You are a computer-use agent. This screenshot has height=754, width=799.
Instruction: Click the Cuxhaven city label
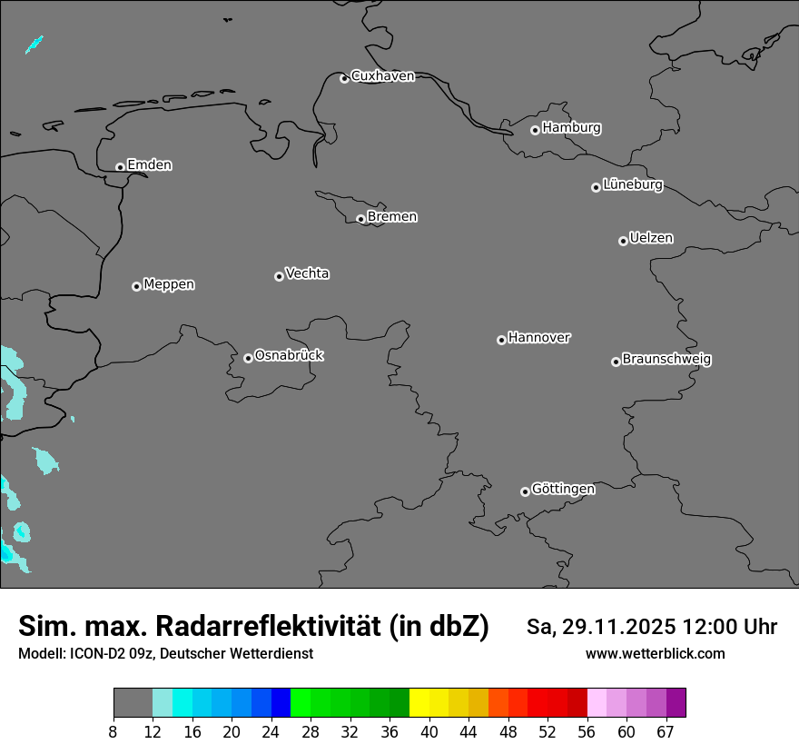(382, 76)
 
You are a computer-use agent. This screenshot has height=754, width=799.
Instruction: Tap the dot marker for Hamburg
(535, 130)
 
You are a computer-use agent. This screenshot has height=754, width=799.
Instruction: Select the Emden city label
(149, 165)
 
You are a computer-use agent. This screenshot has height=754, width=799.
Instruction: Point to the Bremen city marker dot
(360, 219)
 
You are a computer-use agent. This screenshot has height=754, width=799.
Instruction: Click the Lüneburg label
(632, 185)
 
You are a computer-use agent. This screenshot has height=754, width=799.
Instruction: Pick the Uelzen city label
(651, 239)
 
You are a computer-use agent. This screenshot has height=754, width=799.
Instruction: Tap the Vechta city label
(307, 273)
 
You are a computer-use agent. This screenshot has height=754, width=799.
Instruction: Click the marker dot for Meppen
(136, 286)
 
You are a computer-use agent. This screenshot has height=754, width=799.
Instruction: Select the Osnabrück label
(289, 355)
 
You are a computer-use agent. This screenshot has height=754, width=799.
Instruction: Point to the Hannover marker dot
(501, 340)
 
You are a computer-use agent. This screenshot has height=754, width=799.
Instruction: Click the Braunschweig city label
(666, 360)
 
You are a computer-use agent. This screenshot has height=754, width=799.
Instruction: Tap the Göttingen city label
(563, 490)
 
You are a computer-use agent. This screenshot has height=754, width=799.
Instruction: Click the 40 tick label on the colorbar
(429, 732)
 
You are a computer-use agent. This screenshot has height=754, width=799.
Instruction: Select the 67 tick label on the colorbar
(666, 732)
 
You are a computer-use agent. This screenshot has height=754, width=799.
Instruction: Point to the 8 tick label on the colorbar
(113, 732)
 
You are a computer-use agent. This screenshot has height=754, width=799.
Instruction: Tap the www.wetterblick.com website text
(655, 654)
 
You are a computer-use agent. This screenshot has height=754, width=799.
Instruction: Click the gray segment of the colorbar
(133, 703)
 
